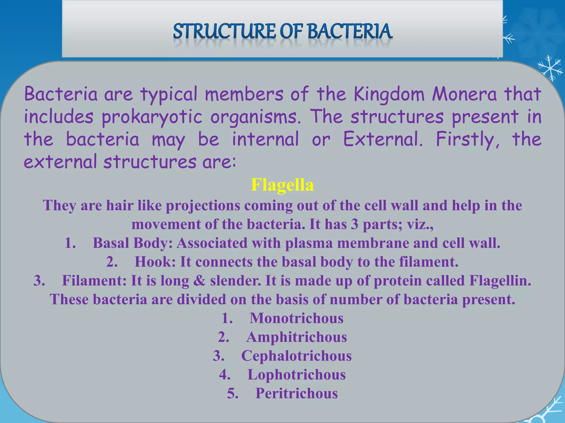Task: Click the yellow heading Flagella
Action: (282, 185)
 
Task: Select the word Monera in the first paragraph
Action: (464, 94)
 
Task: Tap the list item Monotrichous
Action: (296, 318)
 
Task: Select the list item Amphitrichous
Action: (296, 337)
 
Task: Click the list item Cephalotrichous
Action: (296, 356)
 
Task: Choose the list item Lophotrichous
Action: (296, 375)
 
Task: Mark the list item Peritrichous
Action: (296, 394)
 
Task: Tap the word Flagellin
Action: (500, 281)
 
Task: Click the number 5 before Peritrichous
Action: (231, 394)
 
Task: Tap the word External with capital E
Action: (382, 139)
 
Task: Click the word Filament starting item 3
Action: (94, 281)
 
